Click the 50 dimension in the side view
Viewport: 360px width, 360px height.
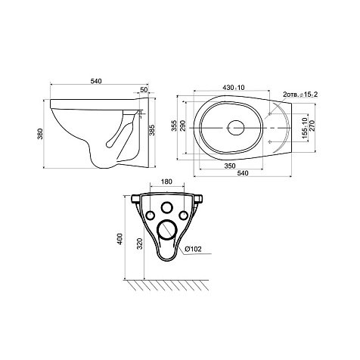pos(144,89)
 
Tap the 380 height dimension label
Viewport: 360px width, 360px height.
pos(40,134)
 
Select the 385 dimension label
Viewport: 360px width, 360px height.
pos(152,130)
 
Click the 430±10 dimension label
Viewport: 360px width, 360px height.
pos(234,88)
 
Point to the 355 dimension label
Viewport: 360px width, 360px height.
pos(174,126)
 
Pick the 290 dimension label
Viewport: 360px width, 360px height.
pos(183,126)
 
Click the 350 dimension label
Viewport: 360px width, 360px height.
pos(230,166)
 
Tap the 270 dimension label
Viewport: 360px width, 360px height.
pos(312,126)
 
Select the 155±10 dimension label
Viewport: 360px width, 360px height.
pos(305,128)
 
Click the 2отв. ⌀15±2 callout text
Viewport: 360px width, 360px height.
pos(300,95)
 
